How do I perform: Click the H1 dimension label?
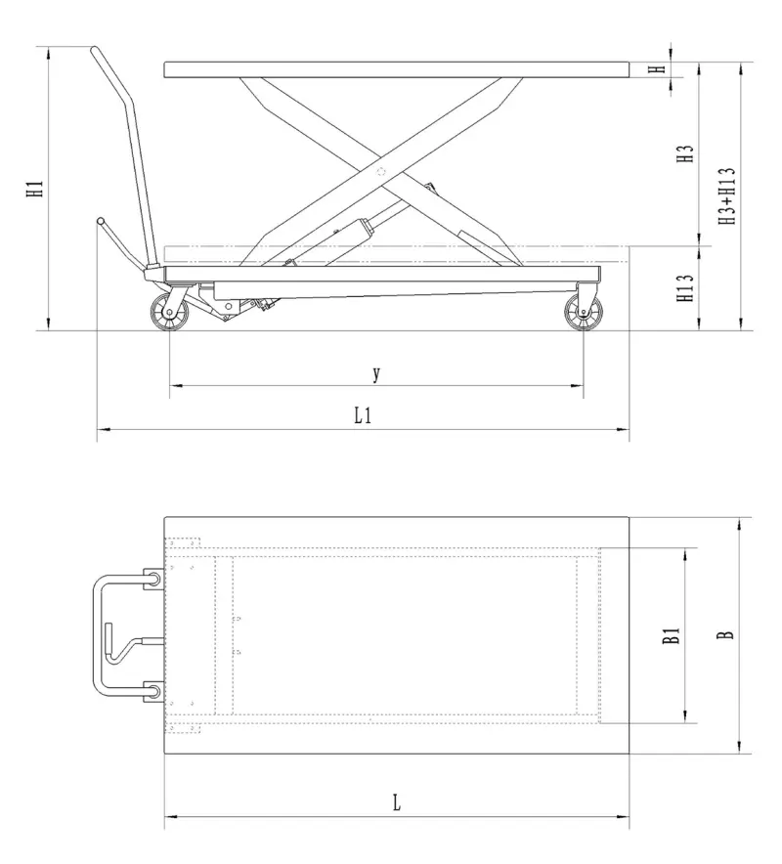click(x=35, y=188)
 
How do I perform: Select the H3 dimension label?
click(x=687, y=153)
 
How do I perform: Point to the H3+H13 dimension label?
click(x=727, y=196)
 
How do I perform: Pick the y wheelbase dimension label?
click(x=376, y=373)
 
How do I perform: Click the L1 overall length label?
click(x=363, y=415)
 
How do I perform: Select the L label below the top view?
click(x=396, y=803)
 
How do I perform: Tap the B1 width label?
click(x=671, y=637)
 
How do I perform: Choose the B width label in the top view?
click(x=724, y=635)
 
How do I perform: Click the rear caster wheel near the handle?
click(x=169, y=313)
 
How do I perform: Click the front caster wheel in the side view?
click(x=583, y=313)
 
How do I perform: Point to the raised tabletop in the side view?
click(x=395, y=69)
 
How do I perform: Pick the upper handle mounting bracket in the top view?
click(x=154, y=580)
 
